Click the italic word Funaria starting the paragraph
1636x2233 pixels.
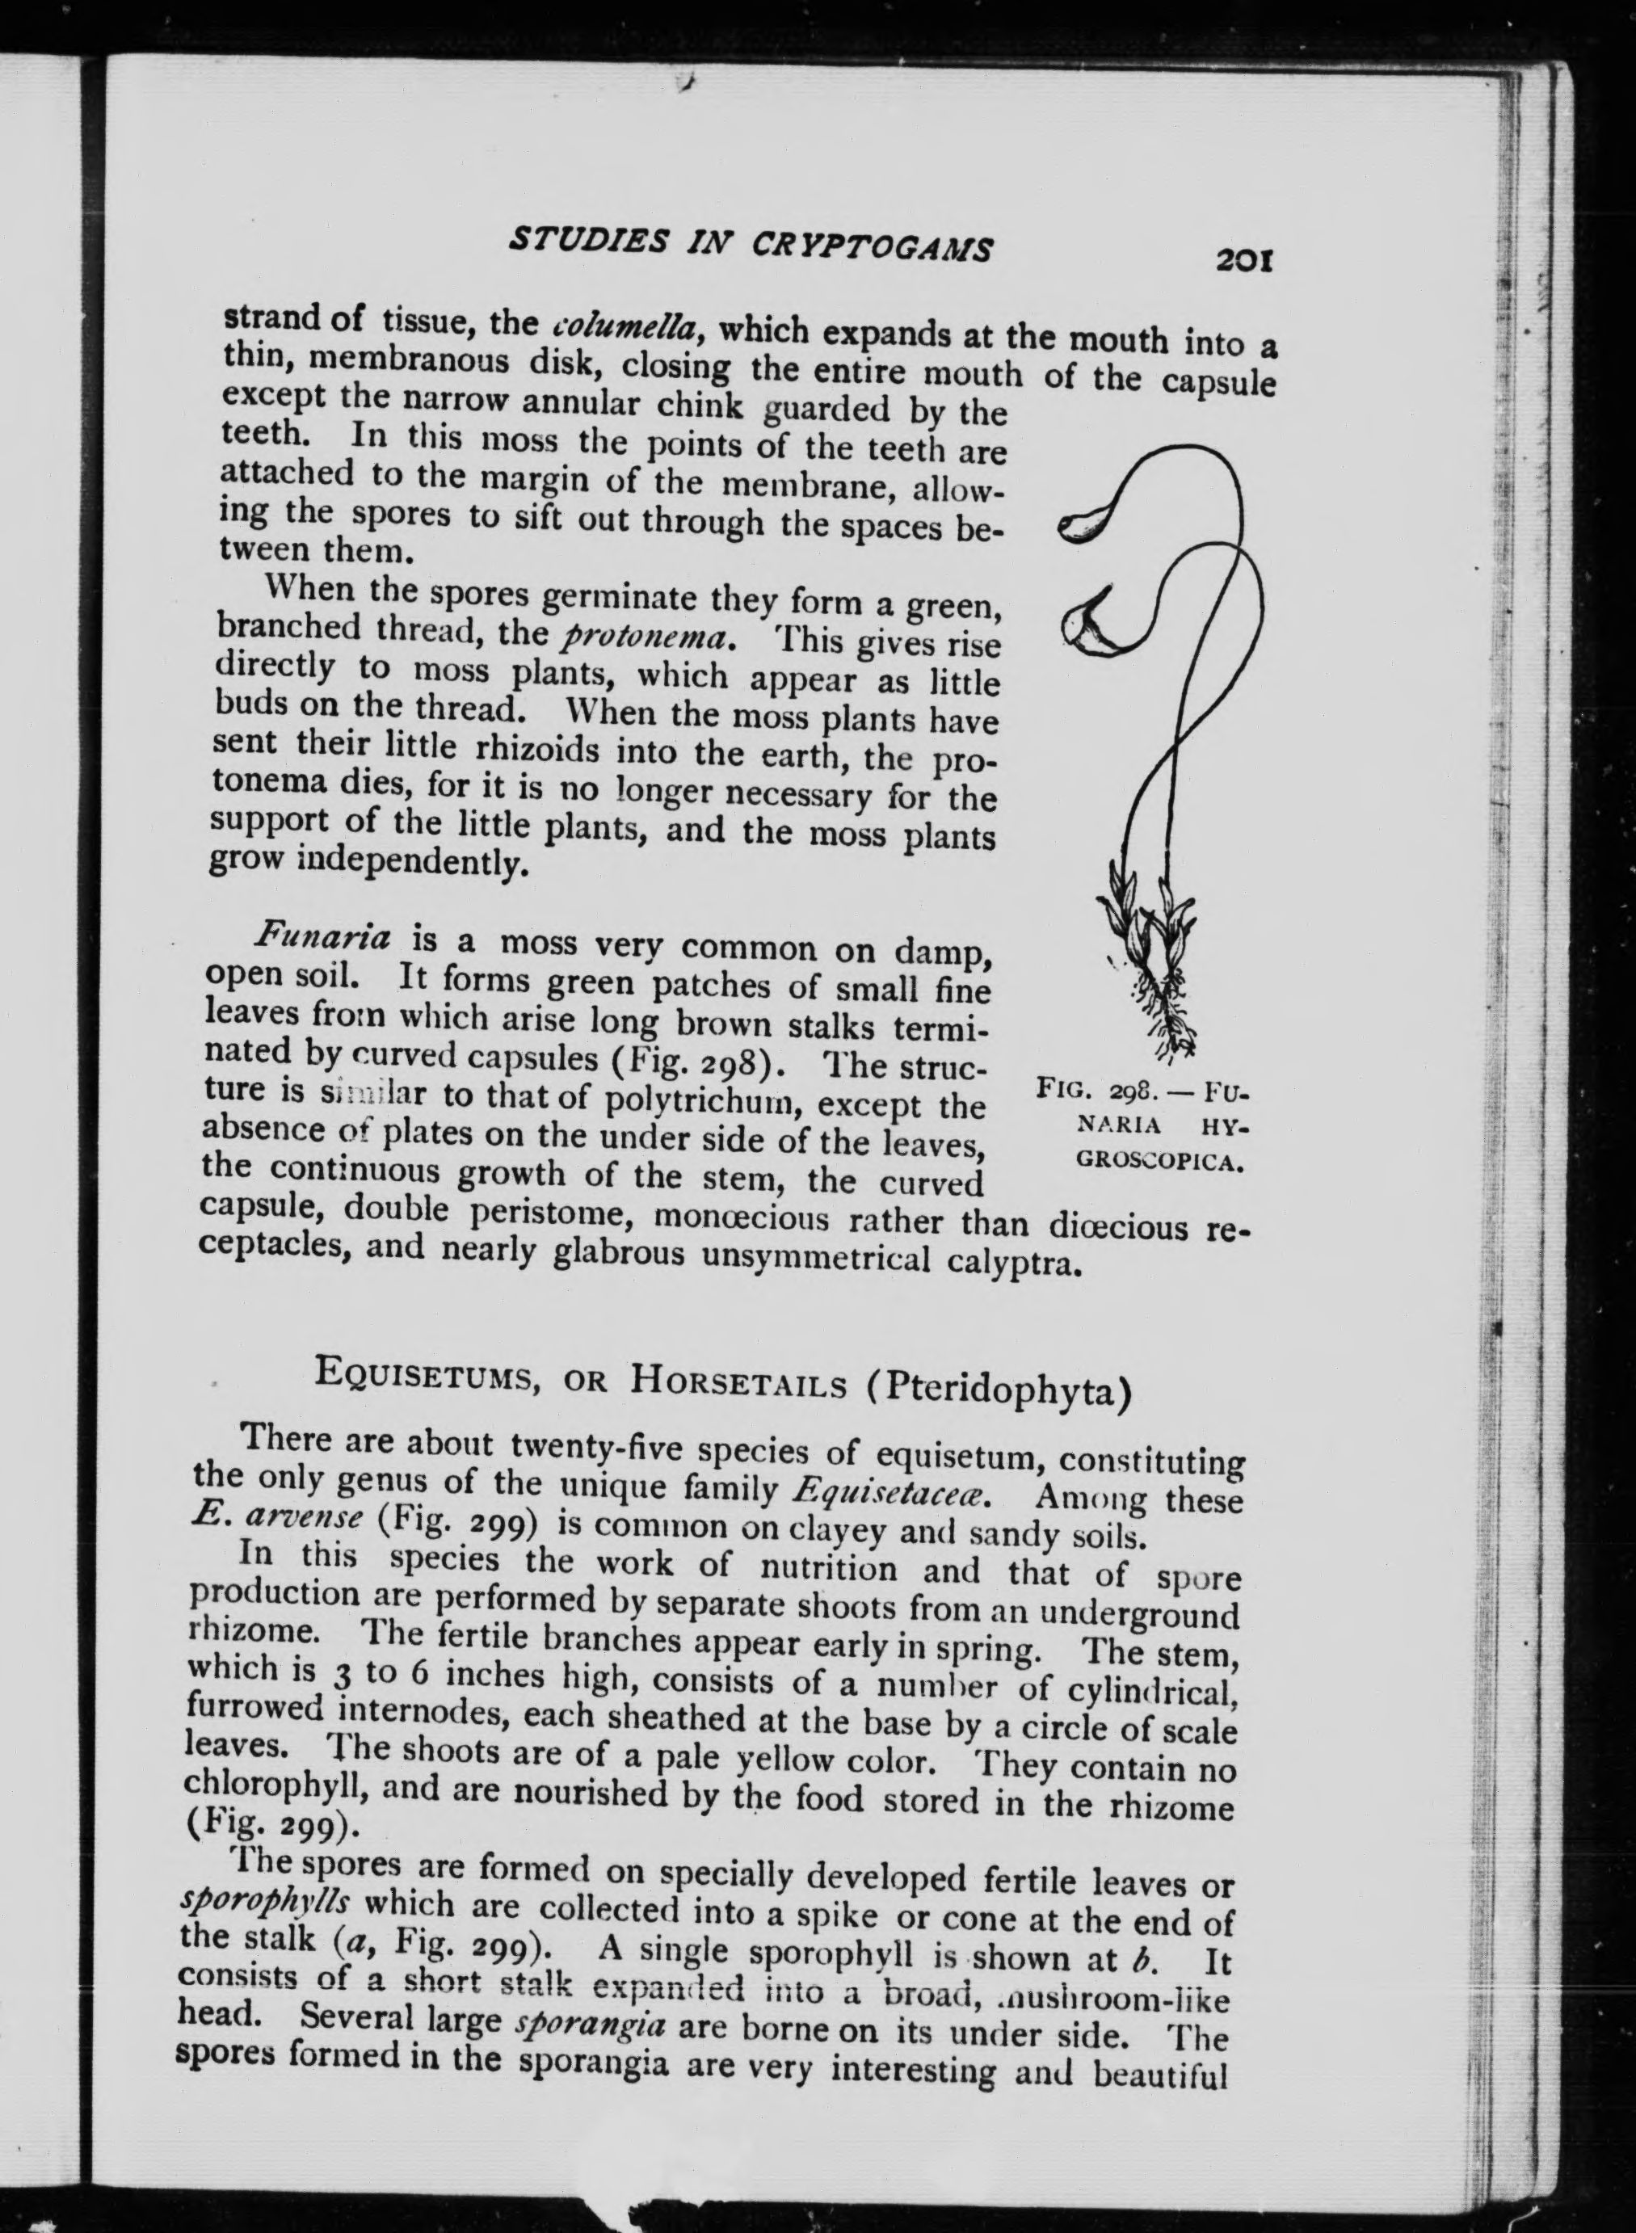point(324,934)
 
